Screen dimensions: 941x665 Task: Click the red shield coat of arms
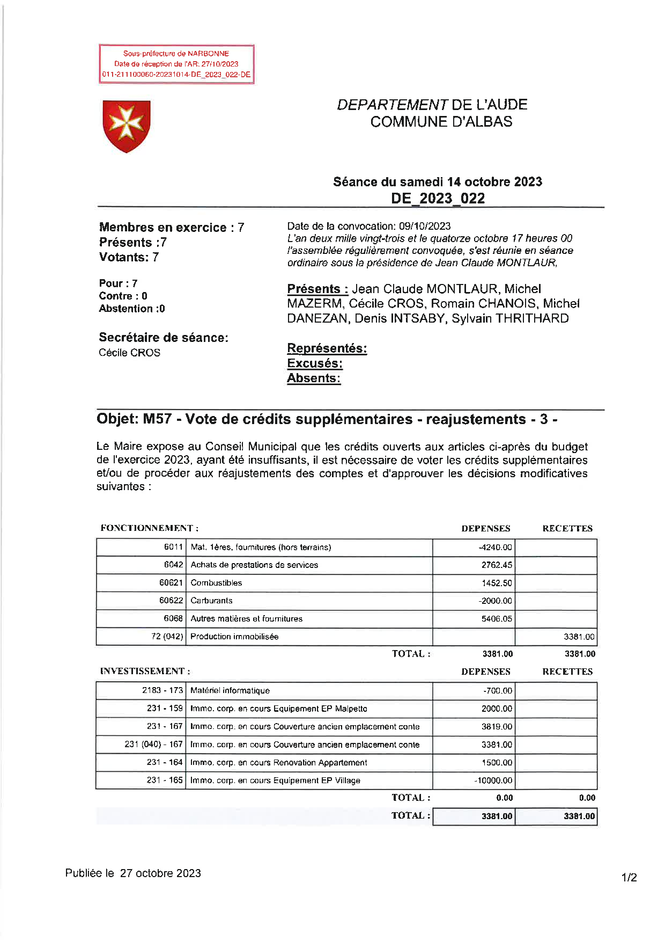pyautogui.click(x=127, y=126)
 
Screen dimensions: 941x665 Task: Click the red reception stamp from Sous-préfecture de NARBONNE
pyautogui.click(x=176, y=64)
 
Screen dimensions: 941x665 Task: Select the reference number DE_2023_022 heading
pyautogui.click(x=438, y=198)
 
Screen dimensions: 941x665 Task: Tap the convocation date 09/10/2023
pyautogui.click(x=424, y=226)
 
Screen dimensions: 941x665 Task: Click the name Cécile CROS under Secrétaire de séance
pyautogui.click(x=129, y=353)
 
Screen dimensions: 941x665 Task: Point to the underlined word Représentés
pyautogui.click(x=327, y=348)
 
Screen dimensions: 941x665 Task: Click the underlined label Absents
pyautogui.click(x=313, y=378)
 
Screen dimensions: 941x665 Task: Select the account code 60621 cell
pyautogui.click(x=171, y=582)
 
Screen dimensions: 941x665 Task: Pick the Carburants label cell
pyautogui.click(x=211, y=601)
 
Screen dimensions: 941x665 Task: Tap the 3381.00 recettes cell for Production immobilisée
pyautogui.click(x=579, y=637)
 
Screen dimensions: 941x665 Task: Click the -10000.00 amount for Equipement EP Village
pyautogui.click(x=493, y=780)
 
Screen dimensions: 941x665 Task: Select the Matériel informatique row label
pyautogui.click(x=230, y=691)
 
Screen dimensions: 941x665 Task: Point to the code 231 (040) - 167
pyautogui.click(x=153, y=745)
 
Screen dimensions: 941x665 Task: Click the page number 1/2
pyautogui.click(x=629, y=878)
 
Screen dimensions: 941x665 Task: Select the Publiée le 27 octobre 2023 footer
pyautogui.click(x=133, y=873)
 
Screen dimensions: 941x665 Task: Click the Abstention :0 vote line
pyautogui.click(x=131, y=309)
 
